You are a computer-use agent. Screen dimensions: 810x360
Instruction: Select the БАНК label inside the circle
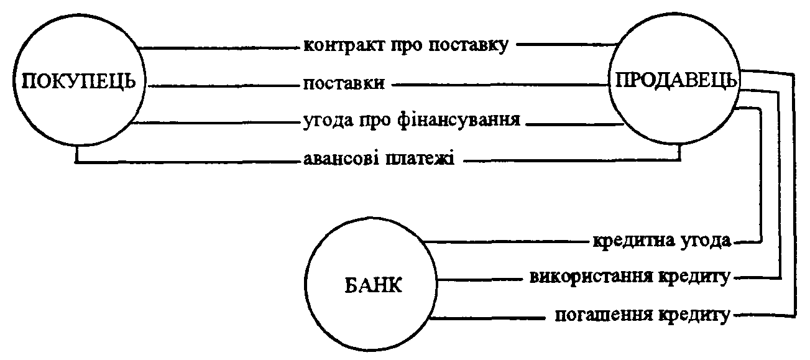(373, 286)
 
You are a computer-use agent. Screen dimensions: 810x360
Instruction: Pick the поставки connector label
(344, 84)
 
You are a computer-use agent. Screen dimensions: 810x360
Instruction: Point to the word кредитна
(633, 241)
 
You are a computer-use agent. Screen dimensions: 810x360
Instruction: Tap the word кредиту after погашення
(694, 315)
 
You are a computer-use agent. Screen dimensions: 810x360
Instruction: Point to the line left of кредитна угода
(506, 241)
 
